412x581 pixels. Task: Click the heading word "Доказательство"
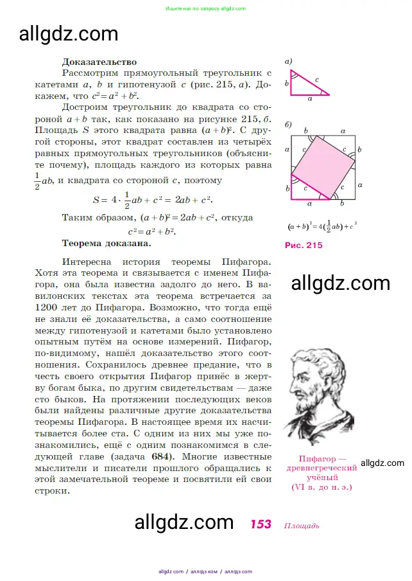[99, 62]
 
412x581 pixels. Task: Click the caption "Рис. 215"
[304, 245]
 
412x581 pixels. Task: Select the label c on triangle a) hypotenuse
[316, 80]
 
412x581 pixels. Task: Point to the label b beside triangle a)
[287, 84]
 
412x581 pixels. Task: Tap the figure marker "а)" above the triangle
[289, 62]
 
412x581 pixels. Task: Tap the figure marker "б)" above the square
[289, 123]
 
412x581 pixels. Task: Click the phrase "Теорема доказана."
[107, 244]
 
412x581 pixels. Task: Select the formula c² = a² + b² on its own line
[151, 231]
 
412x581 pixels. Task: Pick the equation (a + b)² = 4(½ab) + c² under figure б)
[322, 226]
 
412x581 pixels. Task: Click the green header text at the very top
[205, 9]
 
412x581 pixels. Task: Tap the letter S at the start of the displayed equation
[96, 200]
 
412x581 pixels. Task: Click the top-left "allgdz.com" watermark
[69, 33]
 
